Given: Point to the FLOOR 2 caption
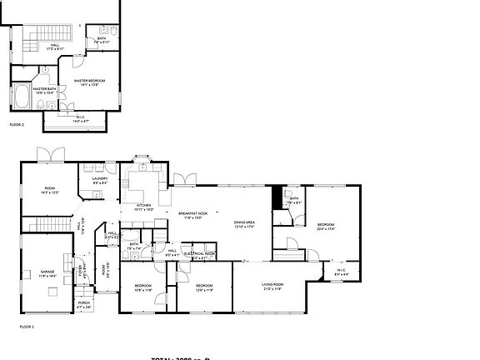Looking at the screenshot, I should (17, 124).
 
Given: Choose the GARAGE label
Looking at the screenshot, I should (48, 272).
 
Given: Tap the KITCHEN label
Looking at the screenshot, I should (143, 206).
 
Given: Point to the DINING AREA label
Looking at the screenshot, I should (243, 222).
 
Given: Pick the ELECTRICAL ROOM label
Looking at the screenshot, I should (199, 253).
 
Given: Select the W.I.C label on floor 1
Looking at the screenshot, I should (340, 270).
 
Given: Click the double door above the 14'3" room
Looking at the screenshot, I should (46, 154).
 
